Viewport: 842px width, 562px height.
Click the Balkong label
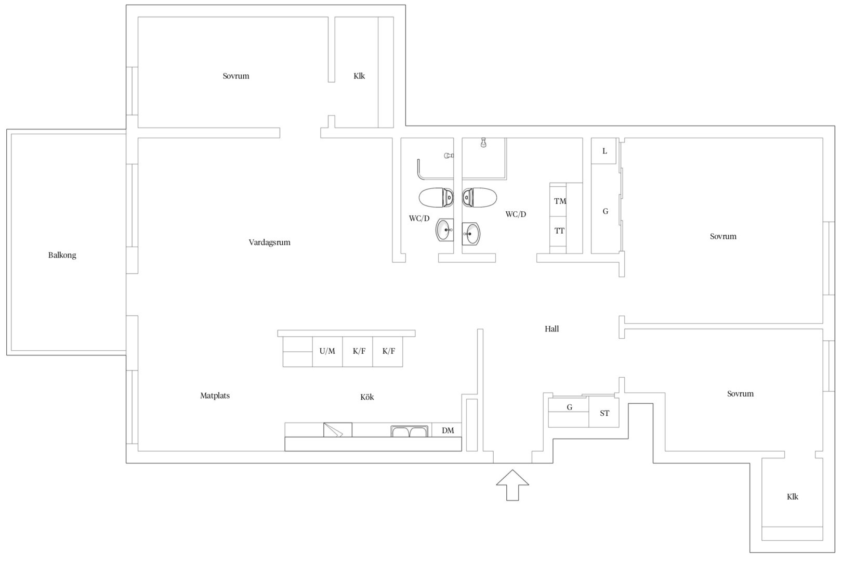(x=62, y=255)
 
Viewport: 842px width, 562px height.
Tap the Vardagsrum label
(x=270, y=242)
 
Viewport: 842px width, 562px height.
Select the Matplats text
(x=215, y=395)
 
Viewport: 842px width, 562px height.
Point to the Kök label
(x=367, y=397)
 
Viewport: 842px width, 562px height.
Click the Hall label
(x=551, y=329)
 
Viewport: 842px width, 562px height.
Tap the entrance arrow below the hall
(x=512, y=485)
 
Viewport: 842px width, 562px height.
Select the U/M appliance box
(x=327, y=352)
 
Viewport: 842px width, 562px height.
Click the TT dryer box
(x=558, y=231)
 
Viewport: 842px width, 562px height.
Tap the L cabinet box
(x=603, y=151)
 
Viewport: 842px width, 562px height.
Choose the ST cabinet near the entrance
(x=603, y=412)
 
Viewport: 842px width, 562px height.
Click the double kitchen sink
(x=410, y=431)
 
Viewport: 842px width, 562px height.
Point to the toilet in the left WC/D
(x=437, y=198)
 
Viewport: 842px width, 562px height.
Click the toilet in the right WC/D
(x=479, y=198)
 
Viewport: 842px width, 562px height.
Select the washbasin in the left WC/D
(x=445, y=229)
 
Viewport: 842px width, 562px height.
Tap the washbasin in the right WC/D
(x=471, y=233)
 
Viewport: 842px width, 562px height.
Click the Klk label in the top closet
(x=359, y=76)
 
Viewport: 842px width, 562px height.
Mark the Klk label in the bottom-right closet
(x=793, y=497)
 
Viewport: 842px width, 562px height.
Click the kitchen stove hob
(x=337, y=430)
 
